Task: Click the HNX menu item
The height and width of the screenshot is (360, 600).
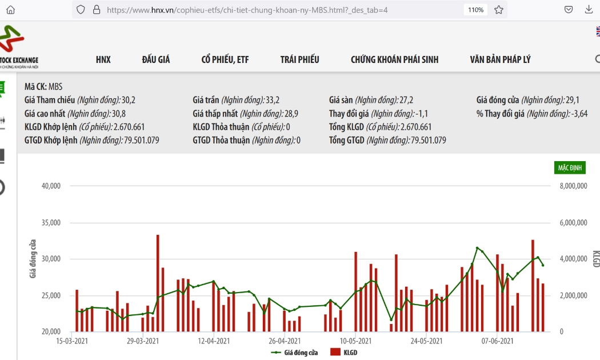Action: click(x=103, y=59)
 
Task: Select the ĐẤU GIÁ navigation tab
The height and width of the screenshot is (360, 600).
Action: click(x=156, y=59)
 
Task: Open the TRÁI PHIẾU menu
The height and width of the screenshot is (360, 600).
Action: click(x=299, y=59)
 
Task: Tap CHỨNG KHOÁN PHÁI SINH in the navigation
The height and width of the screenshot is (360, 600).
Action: click(x=394, y=59)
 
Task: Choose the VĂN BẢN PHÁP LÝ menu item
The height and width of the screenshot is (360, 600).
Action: click(x=500, y=59)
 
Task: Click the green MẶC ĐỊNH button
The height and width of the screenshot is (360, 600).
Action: click(x=570, y=167)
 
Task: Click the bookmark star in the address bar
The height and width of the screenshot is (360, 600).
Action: click(x=499, y=10)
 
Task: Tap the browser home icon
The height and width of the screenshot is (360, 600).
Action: click(x=10, y=10)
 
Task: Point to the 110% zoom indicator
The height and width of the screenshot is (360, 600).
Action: click(x=475, y=10)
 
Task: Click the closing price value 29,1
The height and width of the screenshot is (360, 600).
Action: click(x=573, y=100)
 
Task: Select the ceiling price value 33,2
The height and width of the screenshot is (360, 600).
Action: click(x=273, y=100)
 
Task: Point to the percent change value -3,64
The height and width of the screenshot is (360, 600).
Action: click(x=579, y=114)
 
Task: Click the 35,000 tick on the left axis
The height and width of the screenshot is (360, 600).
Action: click(x=51, y=223)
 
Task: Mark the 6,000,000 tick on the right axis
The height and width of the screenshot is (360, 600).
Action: click(x=573, y=223)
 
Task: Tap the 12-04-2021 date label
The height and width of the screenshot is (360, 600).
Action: click(x=214, y=341)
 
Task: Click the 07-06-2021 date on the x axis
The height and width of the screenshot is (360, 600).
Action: click(x=498, y=341)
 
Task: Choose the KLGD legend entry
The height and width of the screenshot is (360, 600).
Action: click(x=343, y=353)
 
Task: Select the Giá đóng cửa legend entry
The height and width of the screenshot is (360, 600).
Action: click(x=294, y=353)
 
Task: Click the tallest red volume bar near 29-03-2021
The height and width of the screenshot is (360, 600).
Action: click(x=158, y=283)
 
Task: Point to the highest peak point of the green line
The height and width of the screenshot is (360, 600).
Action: click(x=477, y=248)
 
